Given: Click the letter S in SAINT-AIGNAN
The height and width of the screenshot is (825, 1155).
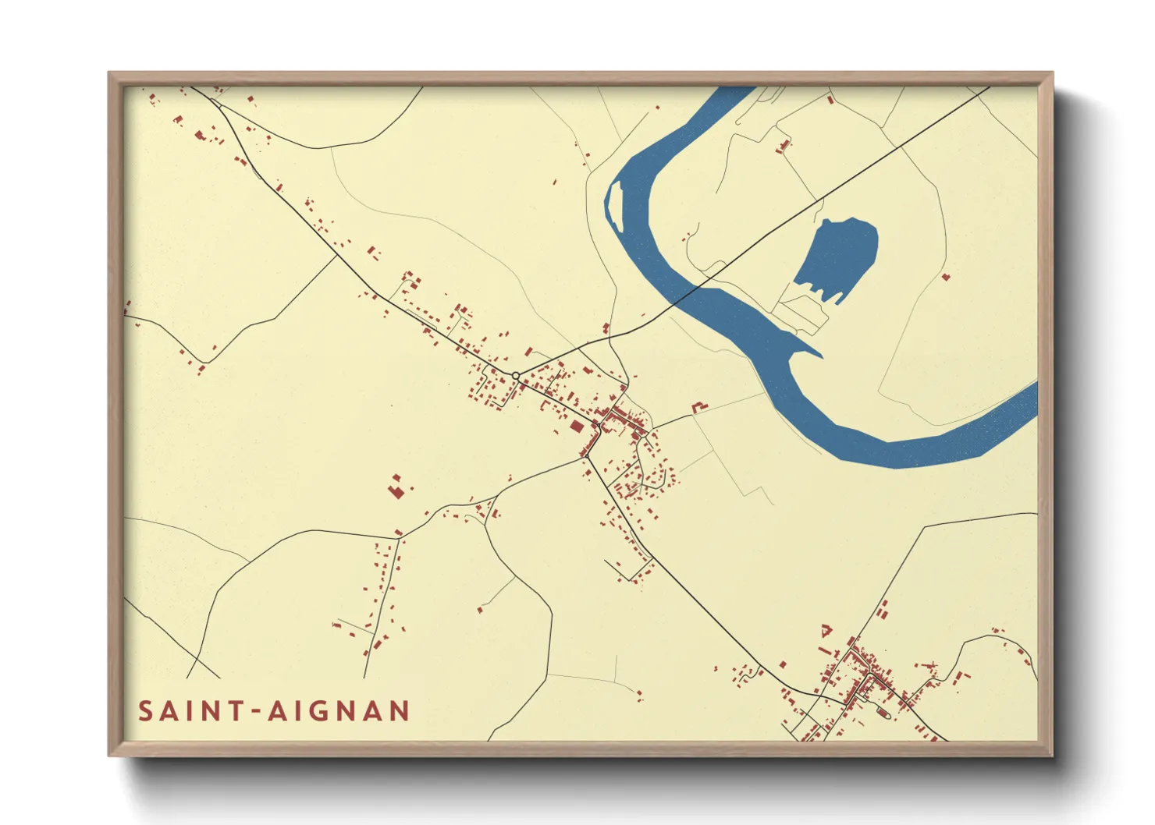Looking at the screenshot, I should (x=146, y=711).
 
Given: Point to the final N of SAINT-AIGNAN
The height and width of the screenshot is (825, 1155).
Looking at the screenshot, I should (x=399, y=711).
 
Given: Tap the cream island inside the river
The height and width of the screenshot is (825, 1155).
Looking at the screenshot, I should (x=614, y=204).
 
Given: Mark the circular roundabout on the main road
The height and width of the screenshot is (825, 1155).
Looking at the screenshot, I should (x=516, y=377).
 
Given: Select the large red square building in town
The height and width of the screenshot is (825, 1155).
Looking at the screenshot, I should (x=576, y=426).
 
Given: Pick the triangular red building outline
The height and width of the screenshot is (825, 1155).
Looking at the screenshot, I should (x=826, y=630).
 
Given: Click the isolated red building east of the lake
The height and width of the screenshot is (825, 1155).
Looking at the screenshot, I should (x=946, y=276).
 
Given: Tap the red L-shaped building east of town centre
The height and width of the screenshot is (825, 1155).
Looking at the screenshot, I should (x=698, y=406).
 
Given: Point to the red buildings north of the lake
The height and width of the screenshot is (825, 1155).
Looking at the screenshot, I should (x=784, y=146).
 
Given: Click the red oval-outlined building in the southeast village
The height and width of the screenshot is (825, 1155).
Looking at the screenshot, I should (x=883, y=711).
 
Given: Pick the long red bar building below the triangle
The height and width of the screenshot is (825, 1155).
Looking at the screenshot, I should (x=826, y=650).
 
